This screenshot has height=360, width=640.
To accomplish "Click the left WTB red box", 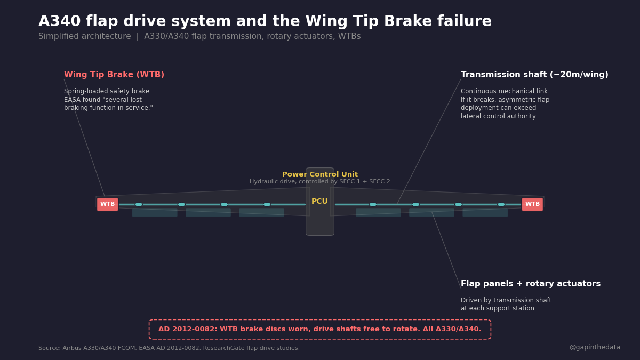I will [x=107, y=204].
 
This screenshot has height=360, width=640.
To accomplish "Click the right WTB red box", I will [x=532, y=204].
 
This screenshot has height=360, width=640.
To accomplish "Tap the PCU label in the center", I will [x=319, y=202].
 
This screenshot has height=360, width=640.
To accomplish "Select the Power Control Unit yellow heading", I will [x=320, y=174].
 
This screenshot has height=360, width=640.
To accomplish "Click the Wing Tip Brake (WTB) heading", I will [x=114, y=75].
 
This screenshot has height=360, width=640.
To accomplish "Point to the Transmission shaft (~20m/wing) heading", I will [x=534, y=75].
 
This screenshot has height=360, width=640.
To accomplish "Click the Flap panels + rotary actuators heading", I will [x=531, y=284].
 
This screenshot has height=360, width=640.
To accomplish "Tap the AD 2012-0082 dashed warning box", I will [x=320, y=330].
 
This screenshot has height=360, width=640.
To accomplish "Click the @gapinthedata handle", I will [x=595, y=348].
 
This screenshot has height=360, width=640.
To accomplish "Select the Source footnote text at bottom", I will [x=169, y=348].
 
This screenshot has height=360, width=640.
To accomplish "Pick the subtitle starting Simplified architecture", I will [x=199, y=37].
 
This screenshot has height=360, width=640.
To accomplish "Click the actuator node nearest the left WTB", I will [x=139, y=204].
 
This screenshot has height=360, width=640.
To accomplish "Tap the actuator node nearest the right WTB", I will [x=501, y=204].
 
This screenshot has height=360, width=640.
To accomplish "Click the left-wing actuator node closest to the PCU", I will [x=267, y=204].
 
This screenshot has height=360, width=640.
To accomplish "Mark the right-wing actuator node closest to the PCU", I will [x=373, y=204].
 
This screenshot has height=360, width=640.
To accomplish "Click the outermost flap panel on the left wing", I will [x=155, y=212].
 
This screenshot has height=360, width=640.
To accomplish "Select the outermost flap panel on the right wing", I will [x=485, y=212].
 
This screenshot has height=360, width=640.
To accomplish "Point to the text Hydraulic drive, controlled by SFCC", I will [x=320, y=182].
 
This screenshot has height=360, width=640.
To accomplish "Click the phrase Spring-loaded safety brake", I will [x=108, y=92].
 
